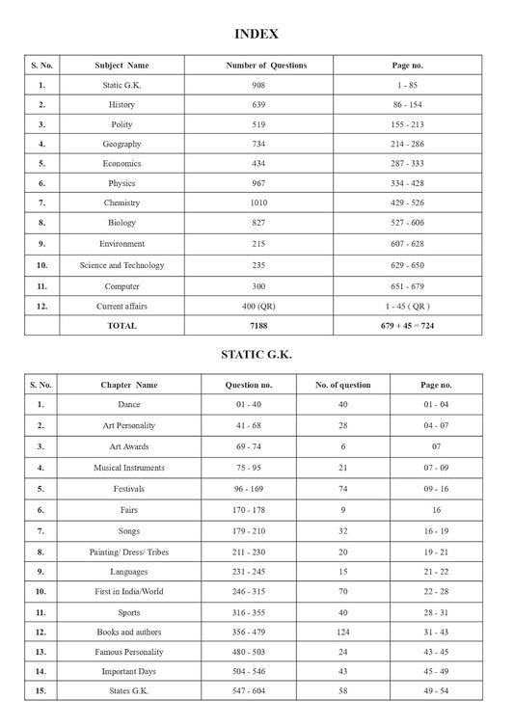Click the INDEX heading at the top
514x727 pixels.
tap(257, 34)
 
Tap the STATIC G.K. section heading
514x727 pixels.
tap(257, 355)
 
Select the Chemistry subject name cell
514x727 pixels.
tap(122, 203)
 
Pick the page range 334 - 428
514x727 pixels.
tap(408, 183)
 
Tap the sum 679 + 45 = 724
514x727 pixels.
tap(408, 326)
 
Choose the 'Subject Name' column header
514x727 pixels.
tap(122, 66)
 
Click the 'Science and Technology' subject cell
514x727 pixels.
tap(122, 265)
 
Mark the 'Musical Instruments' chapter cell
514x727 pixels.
tap(128, 468)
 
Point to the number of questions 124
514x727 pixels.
tap(342, 631)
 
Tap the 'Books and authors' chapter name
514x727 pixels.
tap(128, 631)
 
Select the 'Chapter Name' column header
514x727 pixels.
tap(128, 385)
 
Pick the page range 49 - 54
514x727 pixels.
tap(436, 691)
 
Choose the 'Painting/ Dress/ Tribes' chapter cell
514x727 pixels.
tap(128, 552)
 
